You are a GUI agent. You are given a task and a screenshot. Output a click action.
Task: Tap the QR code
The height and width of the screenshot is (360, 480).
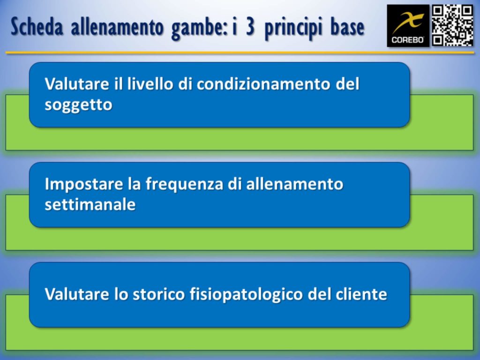click(x=452, y=25)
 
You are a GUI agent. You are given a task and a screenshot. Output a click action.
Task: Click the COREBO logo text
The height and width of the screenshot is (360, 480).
click(x=408, y=40)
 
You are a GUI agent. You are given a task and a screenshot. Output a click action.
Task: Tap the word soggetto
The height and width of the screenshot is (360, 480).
click(x=78, y=105)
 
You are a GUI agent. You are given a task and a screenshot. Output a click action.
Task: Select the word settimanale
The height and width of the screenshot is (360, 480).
click(x=90, y=205)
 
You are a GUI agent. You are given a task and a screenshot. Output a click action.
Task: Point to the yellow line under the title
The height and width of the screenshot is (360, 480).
click(x=240, y=52)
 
